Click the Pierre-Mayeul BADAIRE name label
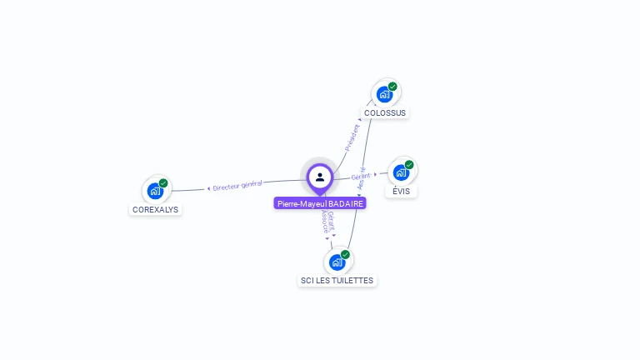(320, 203)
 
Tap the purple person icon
(320, 177)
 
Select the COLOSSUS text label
(385, 112)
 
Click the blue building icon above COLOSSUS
(383, 94)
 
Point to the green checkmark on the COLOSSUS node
(392, 86)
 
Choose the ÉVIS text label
(402, 191)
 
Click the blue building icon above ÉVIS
(401, 172)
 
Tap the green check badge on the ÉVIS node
(409, 164)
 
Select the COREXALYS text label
(155, 210)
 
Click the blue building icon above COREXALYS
(155, 191)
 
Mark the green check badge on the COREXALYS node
(163, 182)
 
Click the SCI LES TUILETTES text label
(337, 281)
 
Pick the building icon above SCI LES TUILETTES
(337, 262)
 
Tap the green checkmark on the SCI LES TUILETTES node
(345, 254)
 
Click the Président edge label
(352, 137)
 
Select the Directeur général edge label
(237, 185)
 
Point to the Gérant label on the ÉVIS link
(360, 177)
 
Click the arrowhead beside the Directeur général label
(208, 188)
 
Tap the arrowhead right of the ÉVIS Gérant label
(376, 174)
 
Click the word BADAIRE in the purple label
(346, 203)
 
